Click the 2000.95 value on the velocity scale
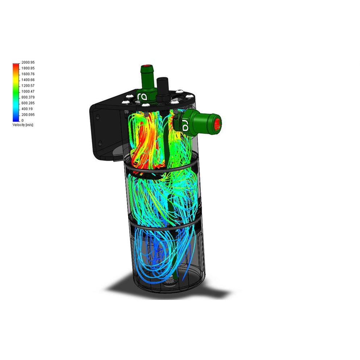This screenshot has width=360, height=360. point(28,62)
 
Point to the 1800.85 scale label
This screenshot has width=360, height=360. point(28,68)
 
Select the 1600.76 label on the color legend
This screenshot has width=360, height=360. point(28,74)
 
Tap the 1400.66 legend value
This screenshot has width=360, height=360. point(28,80)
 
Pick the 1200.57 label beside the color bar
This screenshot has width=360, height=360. point(28,85)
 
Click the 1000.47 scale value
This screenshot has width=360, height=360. point(28,91)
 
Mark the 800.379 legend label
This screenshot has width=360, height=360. point(28,97)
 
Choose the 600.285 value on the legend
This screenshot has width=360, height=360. point(28,103)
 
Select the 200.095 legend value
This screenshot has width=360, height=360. point(28,114)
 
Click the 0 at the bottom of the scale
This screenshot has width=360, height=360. point(22,120)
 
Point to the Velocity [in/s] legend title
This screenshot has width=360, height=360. point(23,125)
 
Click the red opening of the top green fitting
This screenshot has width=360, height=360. point(146,67)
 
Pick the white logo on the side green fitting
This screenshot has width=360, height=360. point(185,126)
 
